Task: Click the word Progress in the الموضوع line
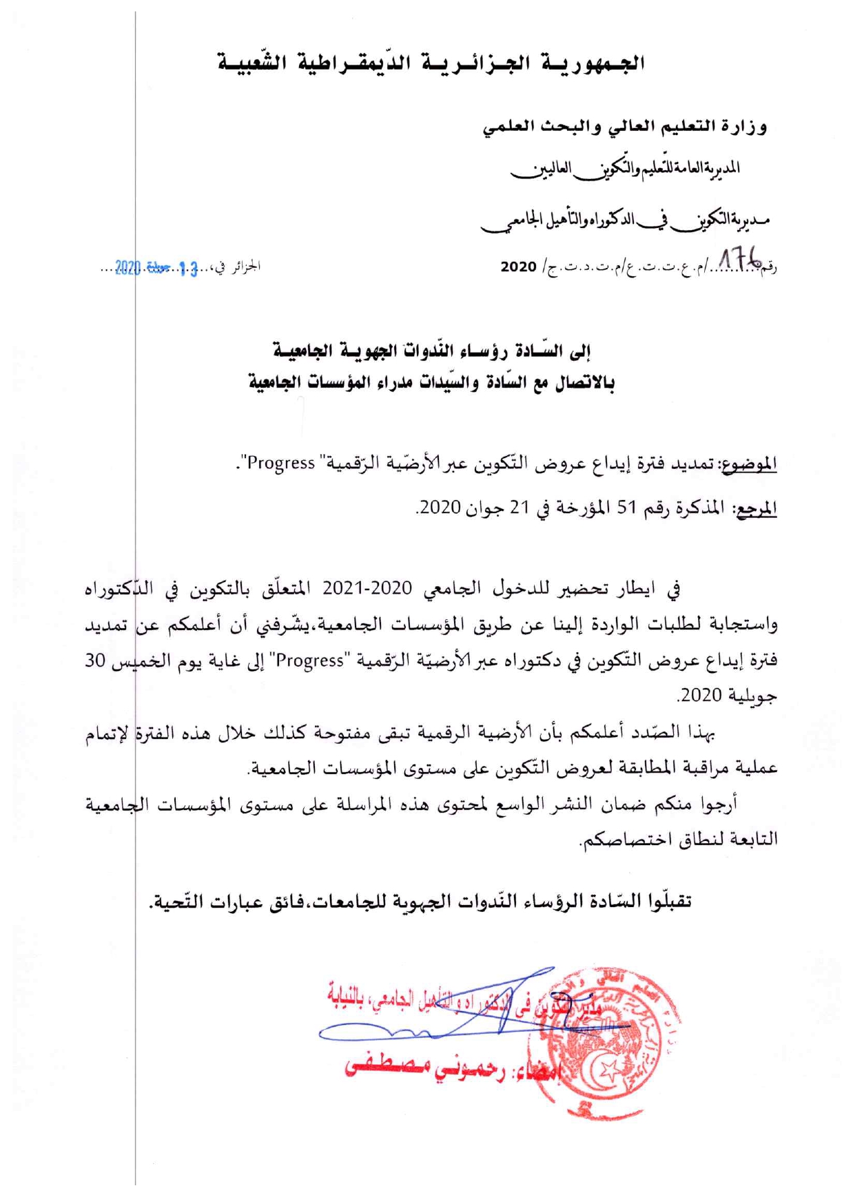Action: [x=281, y=463]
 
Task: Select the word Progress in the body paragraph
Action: [x=310, y=660]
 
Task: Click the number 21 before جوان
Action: [x=518, y=508]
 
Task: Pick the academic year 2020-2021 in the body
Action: [x=367, y=588]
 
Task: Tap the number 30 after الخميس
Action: [x=95, y=660]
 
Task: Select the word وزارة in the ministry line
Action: [x=744, y=127]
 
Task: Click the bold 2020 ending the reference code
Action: [x=518, y=267]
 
